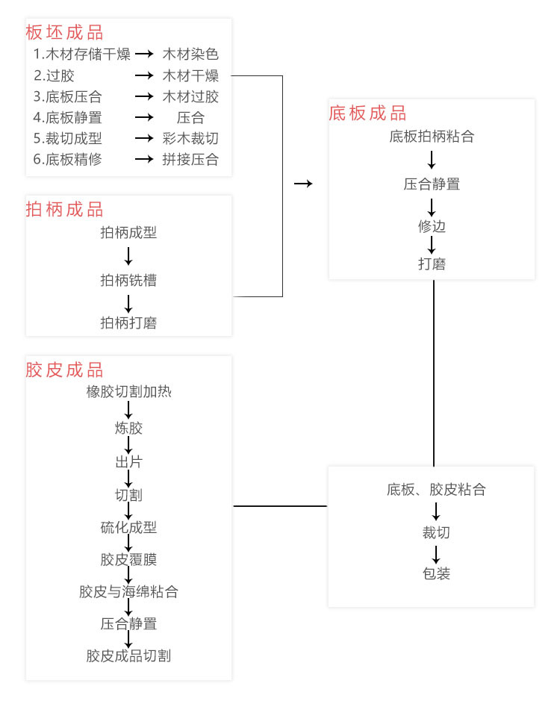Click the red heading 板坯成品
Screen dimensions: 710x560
click(64, 33)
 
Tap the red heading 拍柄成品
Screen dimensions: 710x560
click(64, 209)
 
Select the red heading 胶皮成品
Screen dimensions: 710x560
click(64, 370)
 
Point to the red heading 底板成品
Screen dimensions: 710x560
click(367, 113)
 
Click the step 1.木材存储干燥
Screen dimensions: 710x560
click(82, 55)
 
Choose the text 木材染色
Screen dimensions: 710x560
click(190, 55)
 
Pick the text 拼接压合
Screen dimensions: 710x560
click(190, 159)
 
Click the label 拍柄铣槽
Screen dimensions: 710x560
click(128, 281)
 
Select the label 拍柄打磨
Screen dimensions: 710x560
click(128, 323)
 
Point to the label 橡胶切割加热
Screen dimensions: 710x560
click(128, 391)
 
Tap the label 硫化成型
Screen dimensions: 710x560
click(128, 527)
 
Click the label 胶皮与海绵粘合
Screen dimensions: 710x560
click(128, 592)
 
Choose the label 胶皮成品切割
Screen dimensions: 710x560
click(128, 655)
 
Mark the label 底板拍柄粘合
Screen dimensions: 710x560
click(432, 137)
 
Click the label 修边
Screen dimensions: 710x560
click(432, 225)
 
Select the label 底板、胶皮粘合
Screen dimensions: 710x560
click(436, 490)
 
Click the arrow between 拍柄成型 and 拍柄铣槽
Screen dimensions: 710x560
click(128, 256)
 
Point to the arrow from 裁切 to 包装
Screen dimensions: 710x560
click(436, 553)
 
